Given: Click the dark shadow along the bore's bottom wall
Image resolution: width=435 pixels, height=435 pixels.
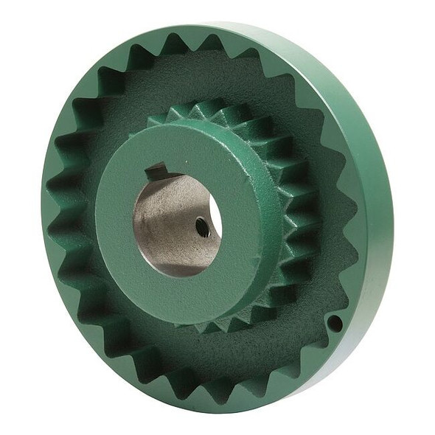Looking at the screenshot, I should [177, 262].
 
